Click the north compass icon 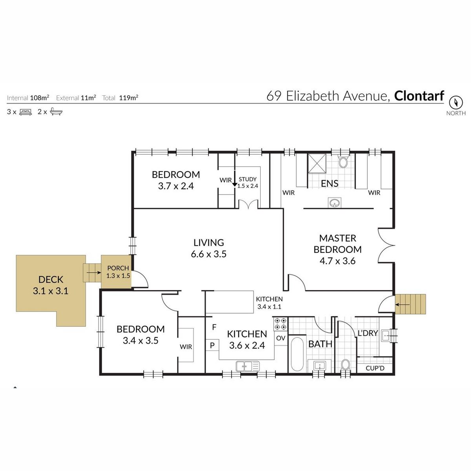pyautogui.click(x=456, y=102)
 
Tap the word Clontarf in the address pyautogui.click(x=419, y=96)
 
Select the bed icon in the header pyautogui.click(x=26, y=112)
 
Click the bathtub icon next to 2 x pyautogui.click(x=56, y=111)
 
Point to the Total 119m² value pyautogui.click(x=129, y=98)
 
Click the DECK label pyautogui.click(x=51, y=279)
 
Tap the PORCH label pyautogui.click(x=118, y=268)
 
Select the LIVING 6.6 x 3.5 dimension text pyautogui.click(x=208, y=254)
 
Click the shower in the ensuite pyautogui.click(x=316, y=163)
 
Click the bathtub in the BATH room pyautogui.click(x=297, y=354)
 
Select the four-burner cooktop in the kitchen pyautogui.click(x=280, y=324)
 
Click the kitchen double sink pyautogui.click(x=247, y=366)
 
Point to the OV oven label pyautogui.click(x=281, y=338)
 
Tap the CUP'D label pyautogui.click(x=375, y=368)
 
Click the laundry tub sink pyautogui.click(x=387, y=336)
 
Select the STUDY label pyautogui.click(x=248, y=179)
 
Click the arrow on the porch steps pyautogui.click(x=94, y=272)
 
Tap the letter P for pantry pyautogui.click(x=212, y=345)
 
